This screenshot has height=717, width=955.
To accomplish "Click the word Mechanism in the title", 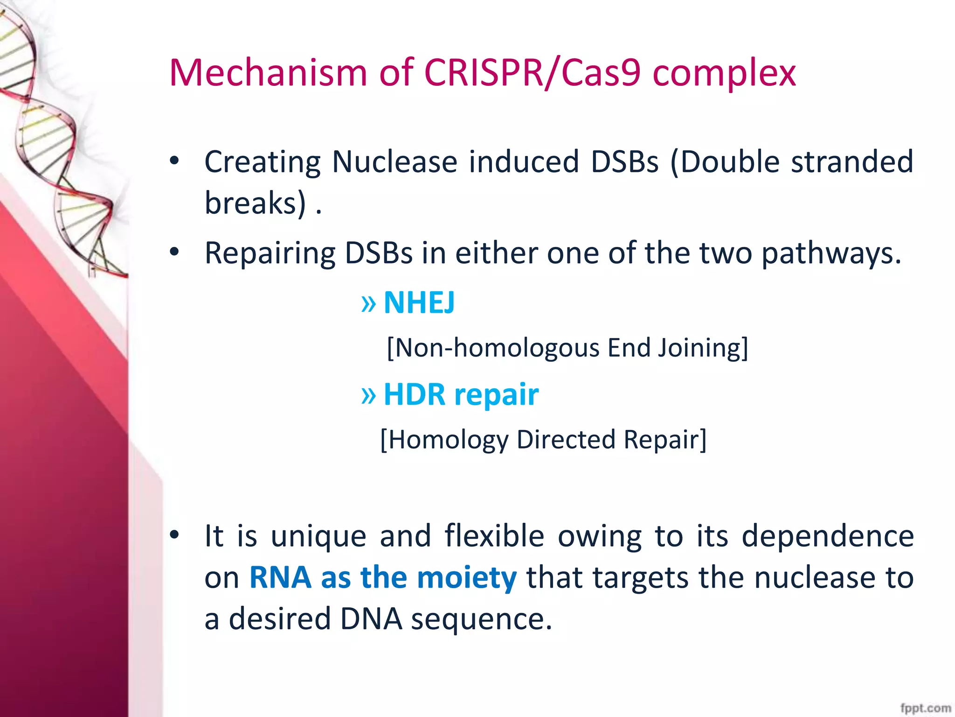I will (268, 73).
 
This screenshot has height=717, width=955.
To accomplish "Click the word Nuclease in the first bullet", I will (394, 162).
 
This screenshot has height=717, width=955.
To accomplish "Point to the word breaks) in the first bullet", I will (256, 204).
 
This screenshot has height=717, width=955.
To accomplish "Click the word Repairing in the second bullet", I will (270, 254).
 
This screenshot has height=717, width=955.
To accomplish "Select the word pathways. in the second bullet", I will (831, 254).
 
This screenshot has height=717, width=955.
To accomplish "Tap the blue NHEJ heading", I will (419, 303).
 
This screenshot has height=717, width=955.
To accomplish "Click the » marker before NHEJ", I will (368, 304).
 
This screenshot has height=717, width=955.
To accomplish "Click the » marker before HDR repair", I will (368, 395).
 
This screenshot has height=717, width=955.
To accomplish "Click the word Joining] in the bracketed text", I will (703, 348).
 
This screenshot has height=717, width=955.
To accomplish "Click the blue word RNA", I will (280, 577).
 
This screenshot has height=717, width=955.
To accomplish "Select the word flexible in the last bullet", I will (494, 536).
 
